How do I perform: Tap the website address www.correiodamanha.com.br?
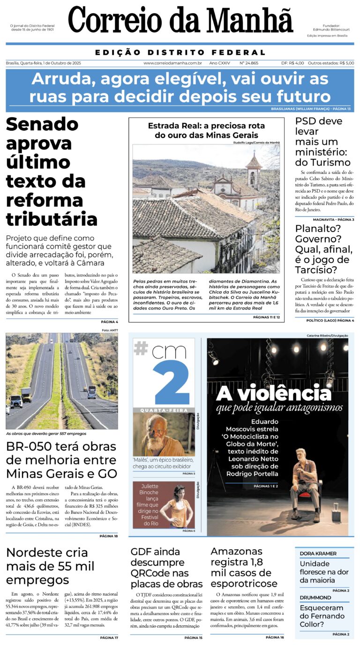[x=172, y=63]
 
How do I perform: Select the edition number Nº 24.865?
[x=248, y=63]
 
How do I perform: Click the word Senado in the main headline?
[x=42, y=124]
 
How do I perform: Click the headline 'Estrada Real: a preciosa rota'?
[x=206, y=126]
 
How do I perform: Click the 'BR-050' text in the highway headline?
[x=29, y=446]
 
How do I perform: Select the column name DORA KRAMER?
[x=318, y=554]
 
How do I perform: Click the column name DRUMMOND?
[x=315, y=598]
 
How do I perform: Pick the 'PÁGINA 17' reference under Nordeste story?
[x=109, y=638]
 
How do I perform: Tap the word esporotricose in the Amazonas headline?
[x=244, y=584]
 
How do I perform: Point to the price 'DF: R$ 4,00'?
[x=292, y=63]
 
